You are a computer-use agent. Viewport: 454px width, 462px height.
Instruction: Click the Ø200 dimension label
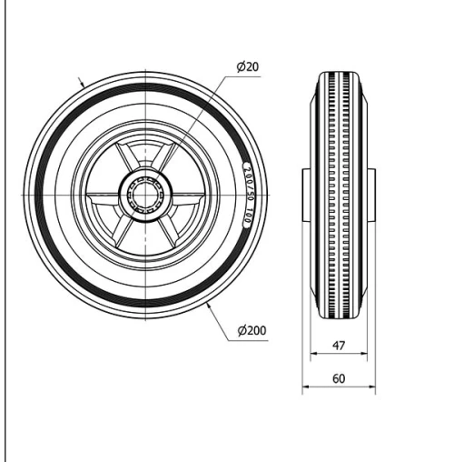tap(251, 331)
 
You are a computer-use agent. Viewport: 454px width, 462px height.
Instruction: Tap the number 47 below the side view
tap(338, 346)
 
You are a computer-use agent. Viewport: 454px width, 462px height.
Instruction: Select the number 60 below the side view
tap(338, 377)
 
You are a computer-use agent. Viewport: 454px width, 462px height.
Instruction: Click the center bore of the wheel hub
tap(144, 192)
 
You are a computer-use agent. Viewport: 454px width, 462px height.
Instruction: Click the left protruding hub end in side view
tap(306, 193)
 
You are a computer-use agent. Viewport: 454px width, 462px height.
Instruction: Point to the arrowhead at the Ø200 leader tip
tap(210, 307)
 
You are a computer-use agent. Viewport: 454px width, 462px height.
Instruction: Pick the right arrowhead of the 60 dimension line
tap(372, 387)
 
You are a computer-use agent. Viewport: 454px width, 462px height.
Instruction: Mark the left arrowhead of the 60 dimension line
tap(305, 387)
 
